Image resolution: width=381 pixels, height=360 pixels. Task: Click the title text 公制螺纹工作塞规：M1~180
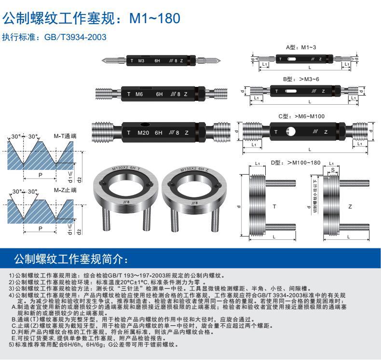click(91, 19)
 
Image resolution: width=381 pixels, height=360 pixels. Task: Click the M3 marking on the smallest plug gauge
click(141, 61)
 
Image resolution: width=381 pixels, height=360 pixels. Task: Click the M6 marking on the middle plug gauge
click(139, 94)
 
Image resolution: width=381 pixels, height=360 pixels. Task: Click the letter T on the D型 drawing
click(274, 207)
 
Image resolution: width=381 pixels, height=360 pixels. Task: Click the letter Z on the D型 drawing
click(350, 207)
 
